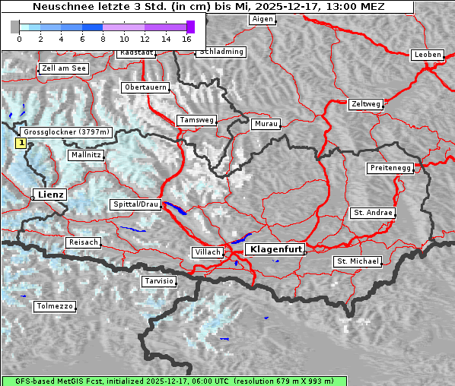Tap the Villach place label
tap(207, 252)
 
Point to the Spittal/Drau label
tap(136, 204)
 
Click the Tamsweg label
tap(197, 120)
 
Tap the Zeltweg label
tap(366, 103)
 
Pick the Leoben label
tap(428, 55)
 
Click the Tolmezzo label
tap(55, 306)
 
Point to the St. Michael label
tap(358, 261)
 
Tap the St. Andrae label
tap(373, 213)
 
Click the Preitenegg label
tap(390, 168)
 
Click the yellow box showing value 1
tap(21, 142)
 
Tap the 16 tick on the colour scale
tap(186, 38)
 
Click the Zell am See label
tap(64, 68)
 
